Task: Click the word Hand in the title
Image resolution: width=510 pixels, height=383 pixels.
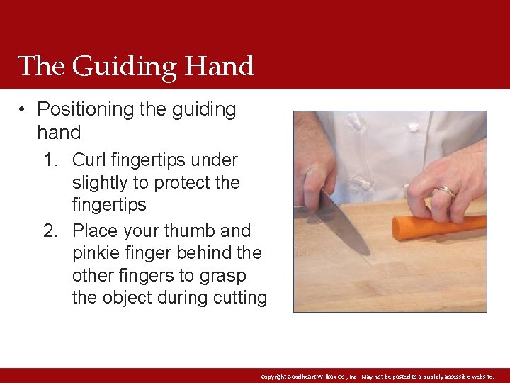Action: point(220,67)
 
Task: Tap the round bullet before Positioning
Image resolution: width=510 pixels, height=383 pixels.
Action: point(24,110)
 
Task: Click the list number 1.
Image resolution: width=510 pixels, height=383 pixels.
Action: point(50,160)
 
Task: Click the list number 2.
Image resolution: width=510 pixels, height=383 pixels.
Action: point(50,231)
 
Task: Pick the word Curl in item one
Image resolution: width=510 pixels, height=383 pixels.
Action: point(88,160)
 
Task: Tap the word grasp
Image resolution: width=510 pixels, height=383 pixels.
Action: point(218,275)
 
